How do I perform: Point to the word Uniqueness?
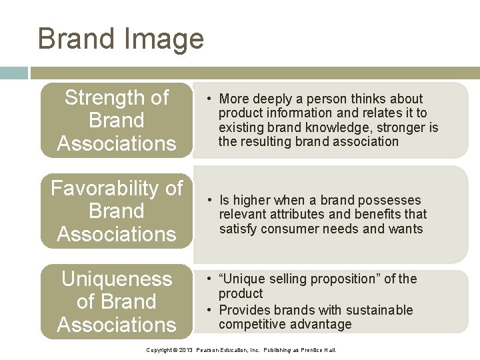(x=117, y=279)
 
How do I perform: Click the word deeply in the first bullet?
(x=272, y=99)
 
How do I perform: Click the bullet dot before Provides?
(x=209, y=310)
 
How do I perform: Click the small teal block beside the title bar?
(x=14, y=73)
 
